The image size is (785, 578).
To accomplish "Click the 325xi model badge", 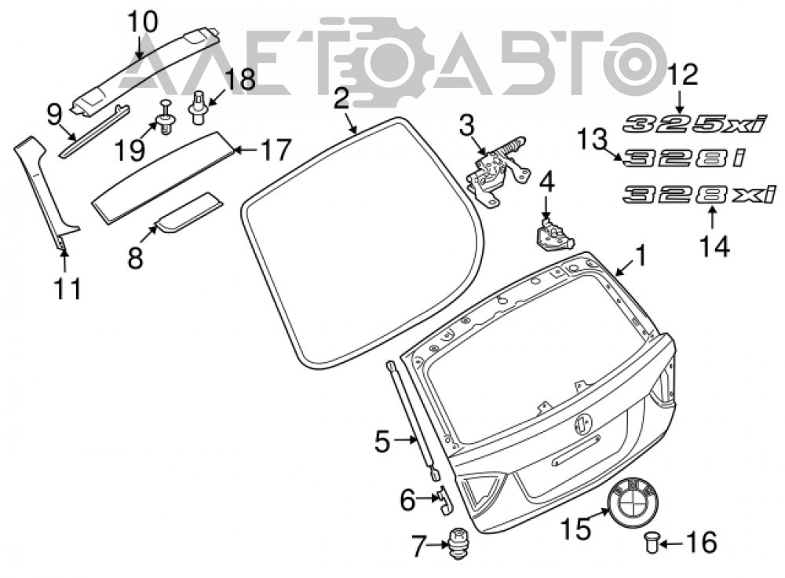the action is tap(695, 123).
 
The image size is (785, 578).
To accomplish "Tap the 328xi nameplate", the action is tap(699, 194).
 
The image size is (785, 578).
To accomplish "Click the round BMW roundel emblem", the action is tap(633, 501).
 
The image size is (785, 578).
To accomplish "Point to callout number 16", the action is tap(702, 543).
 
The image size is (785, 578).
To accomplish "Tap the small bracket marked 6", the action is tap(445, 499).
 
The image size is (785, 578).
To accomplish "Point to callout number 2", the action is tap(341, 98).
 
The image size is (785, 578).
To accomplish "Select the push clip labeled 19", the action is tap(165, 119).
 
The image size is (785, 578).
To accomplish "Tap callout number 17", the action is tap(275, 149).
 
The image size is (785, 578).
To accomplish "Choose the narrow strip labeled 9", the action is tap(93, 132).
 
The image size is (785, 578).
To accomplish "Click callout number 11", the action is tap(68, 289).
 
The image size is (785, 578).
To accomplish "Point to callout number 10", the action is tap(143, 21).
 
